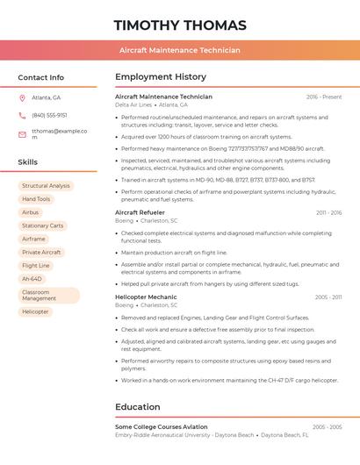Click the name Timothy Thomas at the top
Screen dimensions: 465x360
point(180,25)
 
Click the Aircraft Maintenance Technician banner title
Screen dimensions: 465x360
point(180,50)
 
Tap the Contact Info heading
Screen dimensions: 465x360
point(40,77)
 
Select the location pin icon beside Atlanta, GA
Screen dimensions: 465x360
point(22,97)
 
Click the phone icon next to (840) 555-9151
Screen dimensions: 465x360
point(22,115)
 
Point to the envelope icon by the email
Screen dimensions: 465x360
point(22,134)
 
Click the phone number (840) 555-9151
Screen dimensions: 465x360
point(49,115)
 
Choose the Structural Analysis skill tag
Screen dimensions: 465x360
point(46,186)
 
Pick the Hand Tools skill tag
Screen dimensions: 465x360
point(36,199)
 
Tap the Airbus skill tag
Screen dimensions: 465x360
point(31,212)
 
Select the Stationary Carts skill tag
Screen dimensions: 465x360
point(43,225)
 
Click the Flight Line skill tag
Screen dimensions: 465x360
point(36,265)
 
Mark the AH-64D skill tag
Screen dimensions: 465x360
point(32,278)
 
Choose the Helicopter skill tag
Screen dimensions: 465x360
point(35,311)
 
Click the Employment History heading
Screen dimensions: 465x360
point(161,77)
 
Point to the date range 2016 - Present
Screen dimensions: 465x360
point(324,97)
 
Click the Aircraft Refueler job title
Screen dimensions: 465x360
point(140,212)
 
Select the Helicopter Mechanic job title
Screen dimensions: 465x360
point(146,297)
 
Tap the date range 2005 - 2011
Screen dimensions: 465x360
point(328,297)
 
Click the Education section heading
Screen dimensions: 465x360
point(137,407)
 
